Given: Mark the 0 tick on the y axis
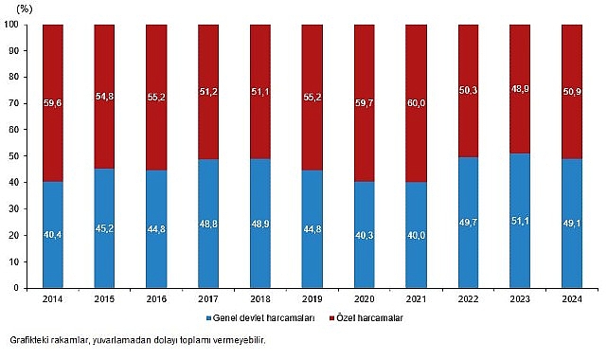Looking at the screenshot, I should tap(22, 288).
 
